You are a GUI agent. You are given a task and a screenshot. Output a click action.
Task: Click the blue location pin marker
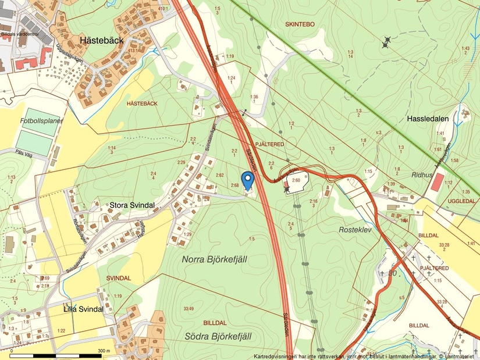(247, 180)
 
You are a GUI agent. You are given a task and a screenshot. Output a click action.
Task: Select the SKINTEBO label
(300, 24)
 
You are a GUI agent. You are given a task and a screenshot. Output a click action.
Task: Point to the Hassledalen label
(428, 119)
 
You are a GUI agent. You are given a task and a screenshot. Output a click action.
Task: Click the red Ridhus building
(436, 183)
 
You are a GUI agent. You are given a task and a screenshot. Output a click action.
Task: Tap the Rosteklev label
(355, 230)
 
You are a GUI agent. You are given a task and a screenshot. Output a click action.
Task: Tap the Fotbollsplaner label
(40, 121)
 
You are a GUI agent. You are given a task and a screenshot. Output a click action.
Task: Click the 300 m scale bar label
(104, 351)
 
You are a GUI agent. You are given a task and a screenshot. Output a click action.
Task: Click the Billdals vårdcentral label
(20, 34)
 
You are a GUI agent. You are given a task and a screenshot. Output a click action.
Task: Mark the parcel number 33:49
(188, 308)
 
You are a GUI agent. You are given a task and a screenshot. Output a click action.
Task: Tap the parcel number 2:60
(297, 181)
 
